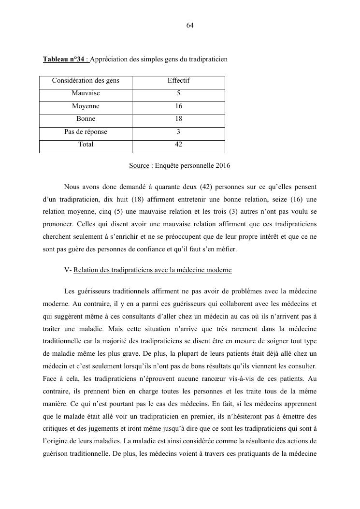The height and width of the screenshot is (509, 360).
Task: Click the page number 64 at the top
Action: [x=190, y=26]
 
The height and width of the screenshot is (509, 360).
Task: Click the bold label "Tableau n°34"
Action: [x=63, y=59]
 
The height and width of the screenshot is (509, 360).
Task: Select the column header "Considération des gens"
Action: [x=86, y=81]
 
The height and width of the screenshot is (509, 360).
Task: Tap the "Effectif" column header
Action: [x=178, y=81]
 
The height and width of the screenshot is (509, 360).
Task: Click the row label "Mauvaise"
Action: [x=86, y=93]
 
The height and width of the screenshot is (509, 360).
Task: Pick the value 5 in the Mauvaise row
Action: [x=178, y=93]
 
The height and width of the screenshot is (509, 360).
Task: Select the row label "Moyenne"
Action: [x=86, y=106]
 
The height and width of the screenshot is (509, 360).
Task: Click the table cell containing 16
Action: [x=178, y=106]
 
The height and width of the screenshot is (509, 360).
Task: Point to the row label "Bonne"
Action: [x=86, y=119]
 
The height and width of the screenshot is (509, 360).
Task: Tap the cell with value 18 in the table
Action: [x=178, y=119]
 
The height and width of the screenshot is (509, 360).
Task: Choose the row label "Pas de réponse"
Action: [x=86, y=132]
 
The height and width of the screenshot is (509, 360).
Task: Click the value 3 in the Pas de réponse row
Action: [x=178, y=132]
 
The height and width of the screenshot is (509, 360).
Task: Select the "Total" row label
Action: [x=86, y=145]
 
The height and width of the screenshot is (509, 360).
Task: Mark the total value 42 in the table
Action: [x=178, y=145]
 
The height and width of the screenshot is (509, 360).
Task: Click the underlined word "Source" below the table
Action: [x=139, y=166]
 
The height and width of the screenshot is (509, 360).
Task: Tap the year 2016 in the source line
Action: [x=223, y=166]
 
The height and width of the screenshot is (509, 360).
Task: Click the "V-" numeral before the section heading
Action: [x=68, y=270]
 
